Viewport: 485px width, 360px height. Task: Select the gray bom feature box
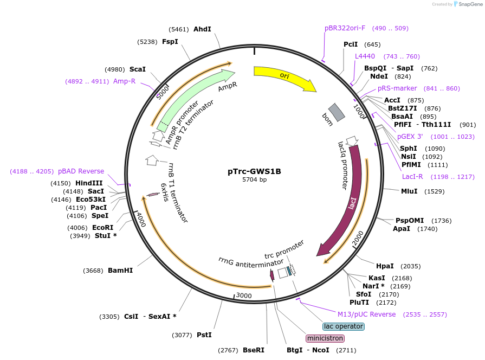[337, 112]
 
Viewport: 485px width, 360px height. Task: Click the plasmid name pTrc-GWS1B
[254, 171]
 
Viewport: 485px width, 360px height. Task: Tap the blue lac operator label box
[344, 326]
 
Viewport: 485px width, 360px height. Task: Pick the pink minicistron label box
[325, 338]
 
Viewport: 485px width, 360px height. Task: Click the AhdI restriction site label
[202, 29]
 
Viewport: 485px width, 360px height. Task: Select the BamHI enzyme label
[120, 270]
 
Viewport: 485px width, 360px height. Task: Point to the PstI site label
[204, 335]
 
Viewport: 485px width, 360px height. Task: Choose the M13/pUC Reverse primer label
[366, 314]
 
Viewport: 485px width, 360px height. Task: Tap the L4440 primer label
[365, 56]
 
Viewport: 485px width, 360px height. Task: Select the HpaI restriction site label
[385, 266]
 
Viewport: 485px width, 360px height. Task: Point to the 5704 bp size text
[254, 180]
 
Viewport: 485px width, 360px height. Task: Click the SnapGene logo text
[470, 4]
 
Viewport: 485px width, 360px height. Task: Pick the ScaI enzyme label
[138, 69]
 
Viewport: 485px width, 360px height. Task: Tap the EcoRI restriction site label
[102, 228]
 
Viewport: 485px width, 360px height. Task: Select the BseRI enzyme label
[254, 350]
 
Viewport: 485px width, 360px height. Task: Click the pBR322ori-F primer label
[345, 28]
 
